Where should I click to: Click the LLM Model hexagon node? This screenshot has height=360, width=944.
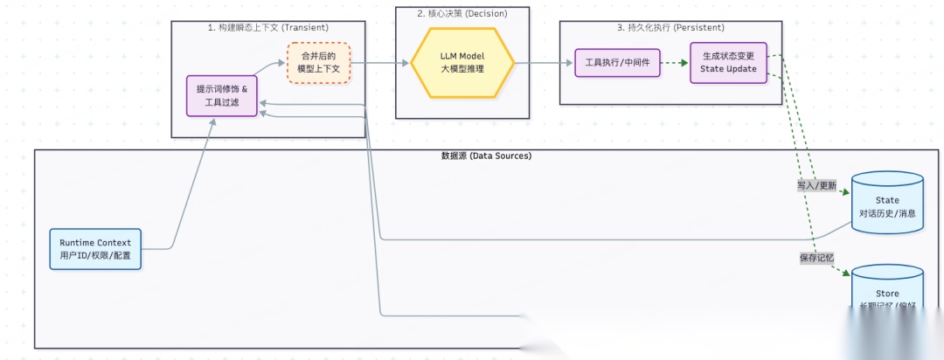click(462, 63)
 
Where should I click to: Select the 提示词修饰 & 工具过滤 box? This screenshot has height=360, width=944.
click(222, 96)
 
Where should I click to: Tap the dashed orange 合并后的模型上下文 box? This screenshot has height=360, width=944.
click(319, 63)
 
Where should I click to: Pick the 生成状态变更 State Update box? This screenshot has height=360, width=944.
click(728, 63)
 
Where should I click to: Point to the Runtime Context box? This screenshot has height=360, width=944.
click(95, 249)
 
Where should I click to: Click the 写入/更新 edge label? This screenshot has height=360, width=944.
click(816, 186)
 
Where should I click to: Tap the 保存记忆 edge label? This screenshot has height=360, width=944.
click(816, 258)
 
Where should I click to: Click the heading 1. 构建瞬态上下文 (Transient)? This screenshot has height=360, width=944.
click(267, 28)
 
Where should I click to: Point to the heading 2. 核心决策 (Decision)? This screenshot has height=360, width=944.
click(462, 14)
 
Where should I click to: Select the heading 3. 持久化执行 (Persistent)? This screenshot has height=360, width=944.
click(670, 28)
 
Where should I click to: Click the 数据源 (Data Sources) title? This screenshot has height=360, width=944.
click(486, 156)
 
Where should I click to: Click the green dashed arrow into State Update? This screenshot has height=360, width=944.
click(670, 63)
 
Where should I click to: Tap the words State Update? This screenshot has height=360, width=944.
click(728, 69)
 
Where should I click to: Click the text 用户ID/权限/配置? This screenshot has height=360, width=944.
click(95, 255)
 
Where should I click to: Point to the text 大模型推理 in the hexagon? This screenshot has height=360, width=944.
click(462, 69)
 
